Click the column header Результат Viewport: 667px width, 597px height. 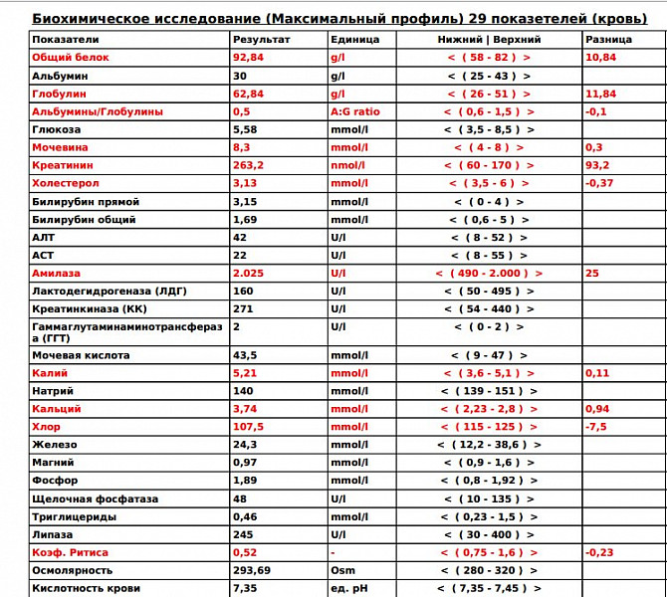click(260, 40)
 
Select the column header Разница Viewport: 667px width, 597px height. click(608, 40)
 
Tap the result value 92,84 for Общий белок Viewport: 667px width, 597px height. click(246, 58)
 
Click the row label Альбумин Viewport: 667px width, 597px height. click(59, 76)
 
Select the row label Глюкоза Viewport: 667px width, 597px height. click(57, 129)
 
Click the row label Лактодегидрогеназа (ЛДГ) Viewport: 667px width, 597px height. click(110, 291)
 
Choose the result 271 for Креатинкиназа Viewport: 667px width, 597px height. click(243, 308)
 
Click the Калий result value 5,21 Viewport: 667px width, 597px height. click(244, 373)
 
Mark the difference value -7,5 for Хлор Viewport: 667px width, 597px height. click(596, 427)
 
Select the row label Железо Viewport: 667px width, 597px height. click(54, 445)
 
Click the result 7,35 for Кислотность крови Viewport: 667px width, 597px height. click(244, 588)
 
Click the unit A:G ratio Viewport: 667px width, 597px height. click(354, 111)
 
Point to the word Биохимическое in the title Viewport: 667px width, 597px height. click(94, 18)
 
